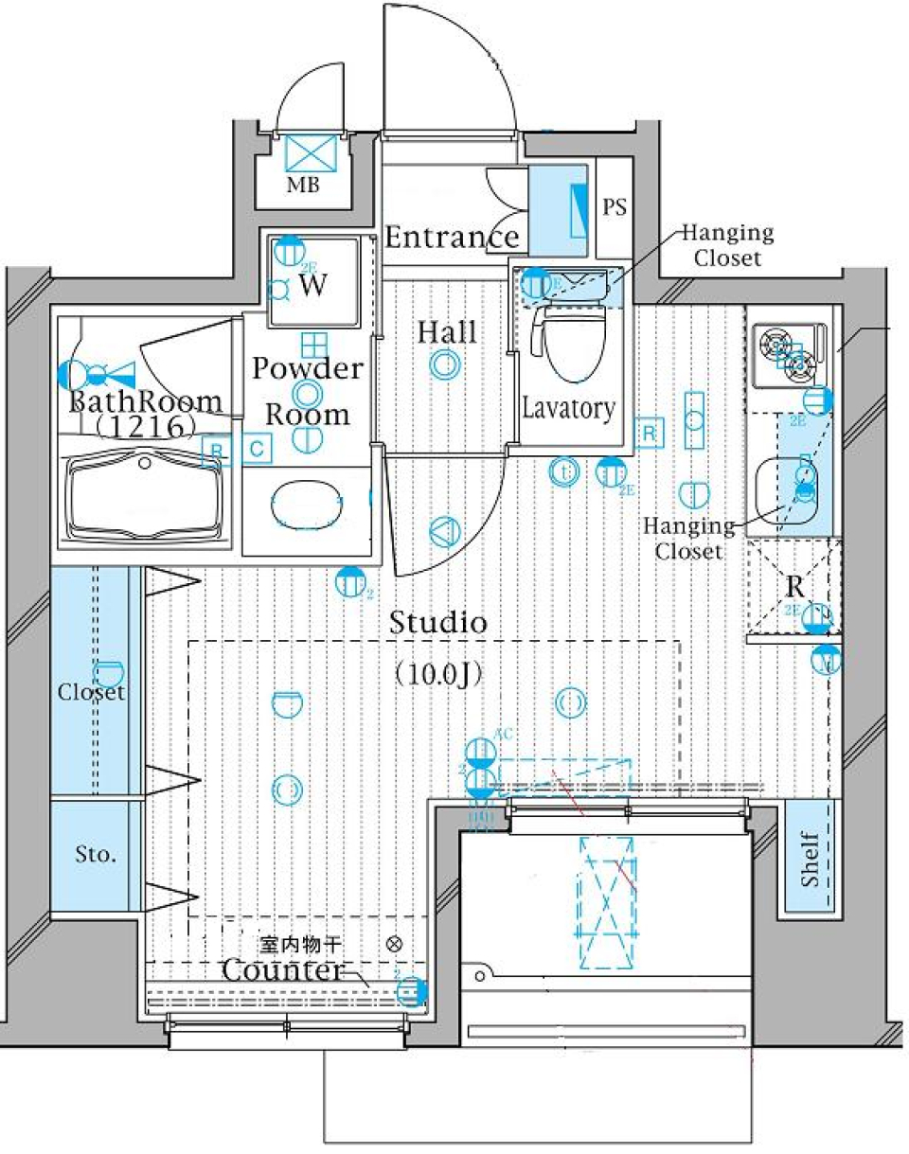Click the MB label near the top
pos(303,186)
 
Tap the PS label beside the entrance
pos(615,207)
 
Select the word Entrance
pos(453,237)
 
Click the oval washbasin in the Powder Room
pos(307,507)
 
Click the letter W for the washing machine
pos(314,287)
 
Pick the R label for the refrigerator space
pos(793,586)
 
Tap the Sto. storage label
pos(97,856)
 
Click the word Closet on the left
pos(92,692)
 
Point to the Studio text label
pos(438,624)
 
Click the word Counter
pos(281,970)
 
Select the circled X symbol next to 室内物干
pos(395,944)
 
